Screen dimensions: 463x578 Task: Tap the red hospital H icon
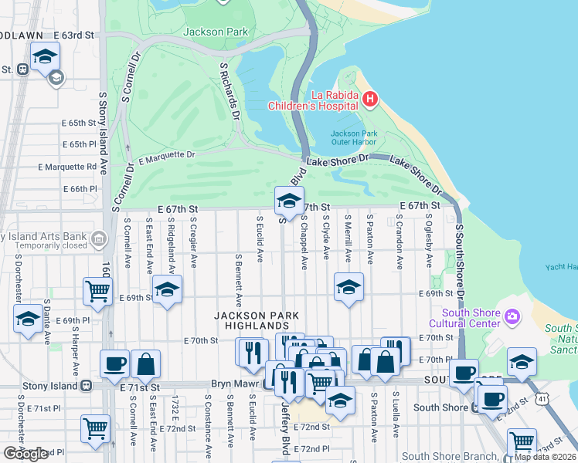[x=369, y=98]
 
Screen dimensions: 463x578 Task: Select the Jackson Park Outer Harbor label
[x=354, y=138]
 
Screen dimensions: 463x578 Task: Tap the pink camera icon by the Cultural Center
[x=512, y=317]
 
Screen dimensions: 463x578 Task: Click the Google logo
[x=25, y=454]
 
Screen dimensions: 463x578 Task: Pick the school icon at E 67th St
[x=289, y=201]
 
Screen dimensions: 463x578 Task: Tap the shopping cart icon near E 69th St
[x=97, y=291]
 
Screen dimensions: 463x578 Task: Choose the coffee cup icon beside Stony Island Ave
[x=114, y=363]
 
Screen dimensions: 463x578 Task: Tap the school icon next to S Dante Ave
[x=28, y=319]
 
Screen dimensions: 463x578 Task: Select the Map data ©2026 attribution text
[x=545, y=457]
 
